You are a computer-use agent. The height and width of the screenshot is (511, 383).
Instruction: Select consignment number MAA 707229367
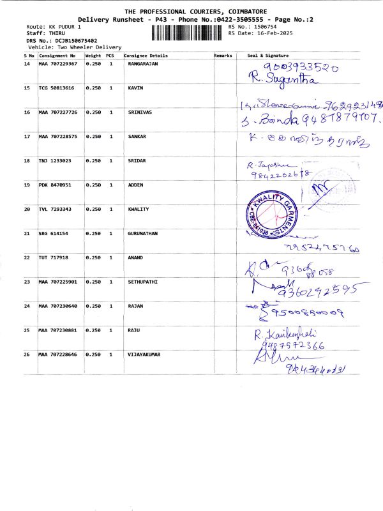pyautogui.click(x=58, y=65)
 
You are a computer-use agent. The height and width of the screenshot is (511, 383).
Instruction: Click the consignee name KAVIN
pyautogui.click(x=135, y=88)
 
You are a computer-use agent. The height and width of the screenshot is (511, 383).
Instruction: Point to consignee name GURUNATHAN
pyautogui.click(x=143, y=233)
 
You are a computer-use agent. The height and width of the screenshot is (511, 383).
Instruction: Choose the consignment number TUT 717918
pyautogui.click(x=54, y=257)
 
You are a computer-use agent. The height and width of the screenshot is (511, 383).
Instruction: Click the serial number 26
pyautogui.click(x=27, y=354)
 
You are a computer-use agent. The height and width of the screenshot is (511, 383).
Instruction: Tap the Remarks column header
pyautogui.click(x=223, y=56)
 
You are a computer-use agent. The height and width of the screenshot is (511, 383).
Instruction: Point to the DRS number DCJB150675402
pyautogui.click(x=71, y=40)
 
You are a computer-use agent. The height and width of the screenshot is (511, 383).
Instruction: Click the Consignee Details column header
pyautogui.click(x=146, y=56)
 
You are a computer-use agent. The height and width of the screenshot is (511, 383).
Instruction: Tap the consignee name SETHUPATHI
pyautogui.click(x=143, y=282)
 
